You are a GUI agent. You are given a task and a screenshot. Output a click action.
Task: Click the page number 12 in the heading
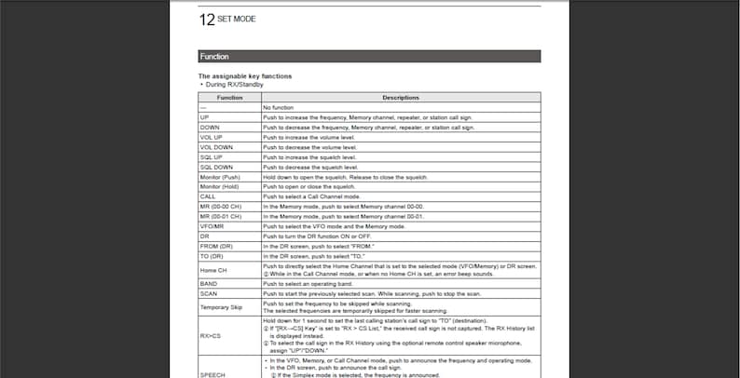pyautogui.click(x=207, y=19)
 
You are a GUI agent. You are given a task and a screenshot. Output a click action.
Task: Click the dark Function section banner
pyautogui.click(x=369, y=56)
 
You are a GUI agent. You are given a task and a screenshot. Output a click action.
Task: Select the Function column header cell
pyautogui.click(x=229, y=97)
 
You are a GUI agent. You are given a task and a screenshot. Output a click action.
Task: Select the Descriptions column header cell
pyautogui.click(x=400, y=97)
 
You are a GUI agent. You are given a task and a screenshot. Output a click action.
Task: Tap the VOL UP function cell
pyautogui.click(x=229, y=137)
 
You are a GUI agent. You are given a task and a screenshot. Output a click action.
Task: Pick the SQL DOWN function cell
pyautogui.click(x=229, y=166)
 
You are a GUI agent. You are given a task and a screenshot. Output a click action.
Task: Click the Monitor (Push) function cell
pyautogui.click(x=229, y=176)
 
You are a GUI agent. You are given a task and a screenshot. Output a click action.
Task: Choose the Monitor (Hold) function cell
pyautogui.click(x=229, y=186)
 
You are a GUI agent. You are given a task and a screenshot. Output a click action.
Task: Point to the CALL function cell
pyautogui.click(x=229, y=196)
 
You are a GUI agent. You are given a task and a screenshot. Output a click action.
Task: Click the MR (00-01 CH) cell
pyautogui.click(x=229, y=216)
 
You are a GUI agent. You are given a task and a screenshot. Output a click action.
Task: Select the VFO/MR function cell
pyautogui.click(x=229, y=226)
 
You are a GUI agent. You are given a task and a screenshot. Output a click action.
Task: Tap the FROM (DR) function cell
pyautogui.click(x=229, y=246)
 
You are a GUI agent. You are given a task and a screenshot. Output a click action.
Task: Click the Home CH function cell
pyautogui.click(x=229, y=270)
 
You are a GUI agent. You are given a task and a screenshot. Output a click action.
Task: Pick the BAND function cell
pyautogui.click(x=229, y=284)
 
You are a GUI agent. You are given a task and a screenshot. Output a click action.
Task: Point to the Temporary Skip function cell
pyautogui.click(x=229, y=306)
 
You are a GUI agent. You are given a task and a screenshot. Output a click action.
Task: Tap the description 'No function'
pyautogui.click(x=280, y=108)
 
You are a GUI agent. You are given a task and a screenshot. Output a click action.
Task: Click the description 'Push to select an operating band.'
pyautogui.click(x=308, y=284)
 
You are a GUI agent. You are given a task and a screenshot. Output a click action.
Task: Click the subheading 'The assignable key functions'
pyautogui.click(x=245, y=75)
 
